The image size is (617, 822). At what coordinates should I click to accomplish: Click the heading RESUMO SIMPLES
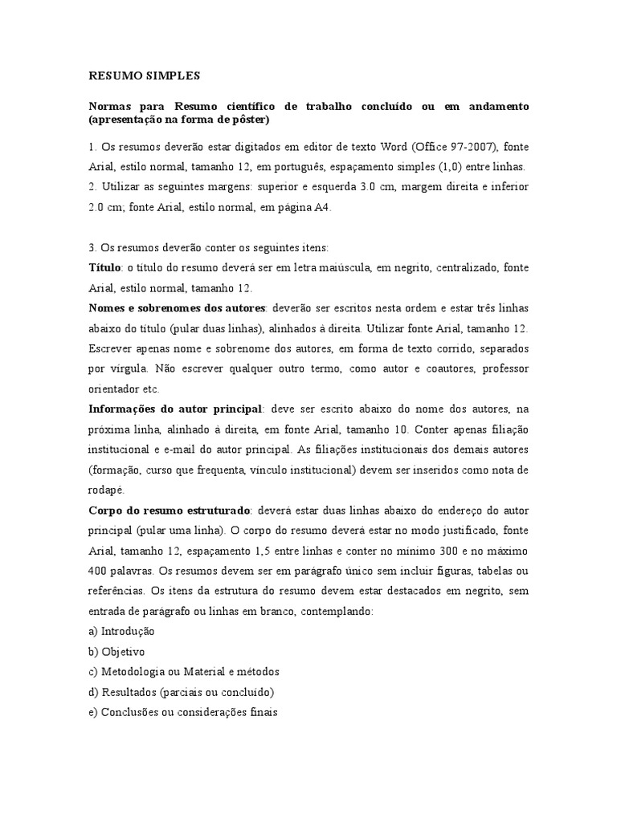144,76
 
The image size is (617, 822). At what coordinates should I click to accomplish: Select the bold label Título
104,266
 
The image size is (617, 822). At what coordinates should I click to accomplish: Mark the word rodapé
108,489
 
